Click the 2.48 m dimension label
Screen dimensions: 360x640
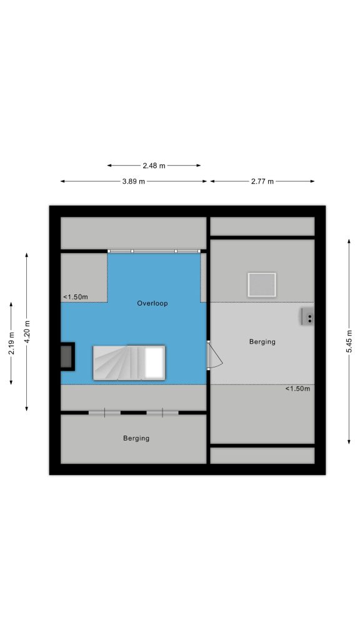point(154,166)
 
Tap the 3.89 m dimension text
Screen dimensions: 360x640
point(134,181)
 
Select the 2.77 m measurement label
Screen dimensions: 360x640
point(262,181)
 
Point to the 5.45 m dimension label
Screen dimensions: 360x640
point(349,342)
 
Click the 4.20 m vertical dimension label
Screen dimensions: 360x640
point(27,332)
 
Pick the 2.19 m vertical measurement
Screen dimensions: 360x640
point(11,343)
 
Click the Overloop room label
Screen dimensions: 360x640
point(152,303)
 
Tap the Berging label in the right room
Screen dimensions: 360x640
point(262,342)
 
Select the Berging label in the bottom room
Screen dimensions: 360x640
point(136,438)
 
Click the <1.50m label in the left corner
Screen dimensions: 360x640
point(76,297)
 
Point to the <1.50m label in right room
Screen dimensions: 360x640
point(297,389)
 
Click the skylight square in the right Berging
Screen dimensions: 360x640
point(262,284)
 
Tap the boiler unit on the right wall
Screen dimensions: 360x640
point(307,317)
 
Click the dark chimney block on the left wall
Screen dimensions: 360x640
point(67,356)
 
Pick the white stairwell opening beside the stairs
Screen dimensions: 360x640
point(154,363)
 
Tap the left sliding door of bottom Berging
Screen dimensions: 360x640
point(104,412)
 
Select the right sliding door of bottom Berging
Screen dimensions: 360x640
point(162,412)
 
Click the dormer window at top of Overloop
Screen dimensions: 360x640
point(154,251)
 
